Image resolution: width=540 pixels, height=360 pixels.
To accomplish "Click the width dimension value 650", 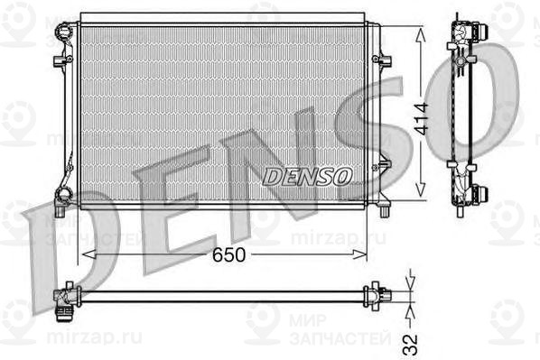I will pyautogui.click(x=228, y=254).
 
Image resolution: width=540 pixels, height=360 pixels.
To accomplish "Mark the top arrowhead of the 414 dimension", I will pyautogui.click(x=420, y=30).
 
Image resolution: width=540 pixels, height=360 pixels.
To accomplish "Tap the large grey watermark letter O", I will pyautogui.click(x=470, y=95).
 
